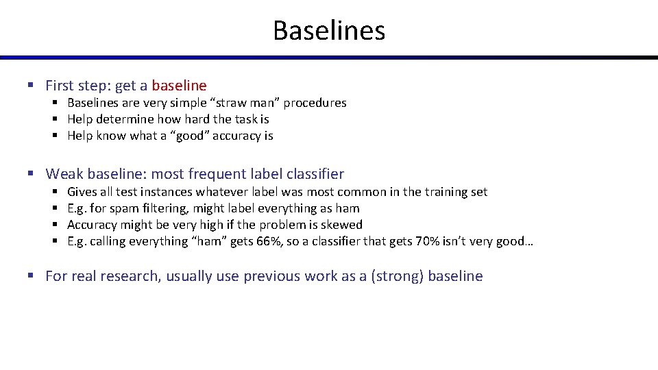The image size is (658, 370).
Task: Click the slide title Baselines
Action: point(329,30)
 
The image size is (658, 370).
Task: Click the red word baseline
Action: point(179,86)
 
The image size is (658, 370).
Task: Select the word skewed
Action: point(341,225)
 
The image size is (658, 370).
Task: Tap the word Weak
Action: point(63,174)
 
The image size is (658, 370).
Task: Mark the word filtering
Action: point(166,208)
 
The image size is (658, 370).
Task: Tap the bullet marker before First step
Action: point(30,86)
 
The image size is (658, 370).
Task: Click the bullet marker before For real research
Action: point(30,276)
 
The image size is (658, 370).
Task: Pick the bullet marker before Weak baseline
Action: point(30,174)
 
